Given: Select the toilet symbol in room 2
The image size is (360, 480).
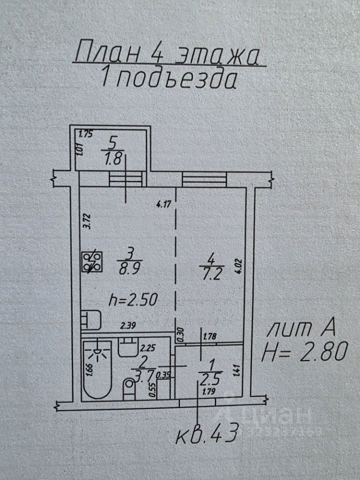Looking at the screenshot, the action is click(129, 388).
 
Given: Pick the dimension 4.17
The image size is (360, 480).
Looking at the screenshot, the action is click(163, 203).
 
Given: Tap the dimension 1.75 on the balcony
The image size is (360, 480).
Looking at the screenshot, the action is click(87, 133).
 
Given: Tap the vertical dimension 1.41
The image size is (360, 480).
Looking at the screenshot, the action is click(237, 371).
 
